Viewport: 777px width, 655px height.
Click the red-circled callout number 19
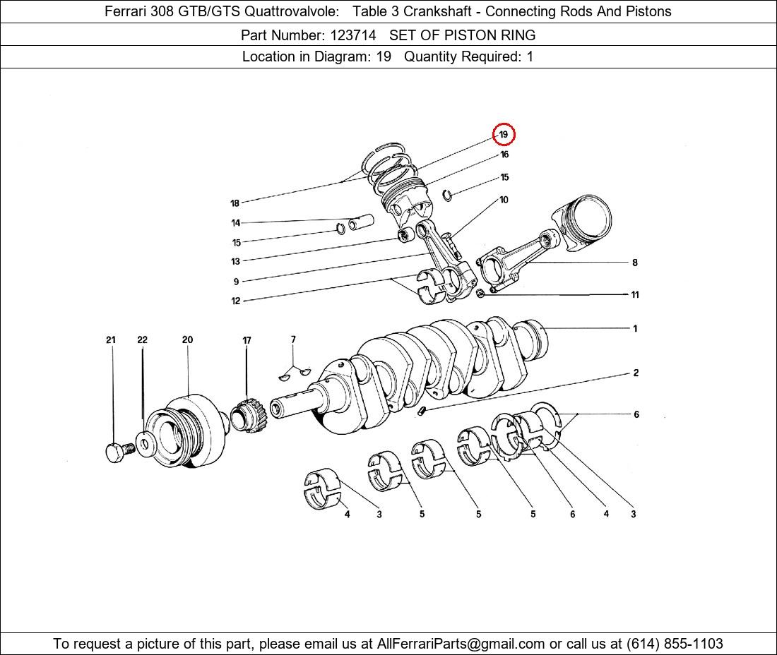click(504, 135)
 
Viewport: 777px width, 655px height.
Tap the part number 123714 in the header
click(353, 35)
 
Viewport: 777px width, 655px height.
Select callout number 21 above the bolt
click(110, 339)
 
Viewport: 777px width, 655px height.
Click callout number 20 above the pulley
click(187, 339)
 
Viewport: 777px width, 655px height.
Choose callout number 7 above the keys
click(293, 339)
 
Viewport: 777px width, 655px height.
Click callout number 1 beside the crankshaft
click(635, 328)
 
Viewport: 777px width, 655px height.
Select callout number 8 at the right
click(635, 263)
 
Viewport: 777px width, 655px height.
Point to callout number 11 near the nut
click(635, 294)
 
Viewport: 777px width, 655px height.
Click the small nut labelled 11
click(480, 294)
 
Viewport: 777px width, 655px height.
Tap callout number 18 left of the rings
click(235, 203)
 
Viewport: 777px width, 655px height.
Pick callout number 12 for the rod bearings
click(235, 301)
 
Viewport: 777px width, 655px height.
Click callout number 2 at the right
click(636, 373)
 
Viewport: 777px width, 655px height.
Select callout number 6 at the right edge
click(636, 414)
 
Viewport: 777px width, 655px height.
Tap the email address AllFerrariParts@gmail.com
click(461, 644)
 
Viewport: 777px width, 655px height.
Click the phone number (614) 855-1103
click(675, 644)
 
